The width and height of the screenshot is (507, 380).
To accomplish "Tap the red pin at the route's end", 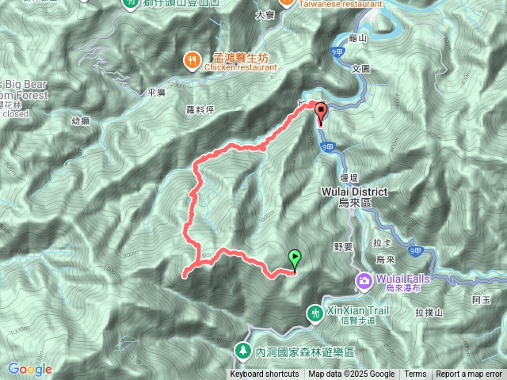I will (321, 113).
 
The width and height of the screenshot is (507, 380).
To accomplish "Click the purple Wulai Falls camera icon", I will (364, 279).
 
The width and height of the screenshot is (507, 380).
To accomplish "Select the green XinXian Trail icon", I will (315, 314).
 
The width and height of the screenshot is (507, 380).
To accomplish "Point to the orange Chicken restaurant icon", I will (192, 60).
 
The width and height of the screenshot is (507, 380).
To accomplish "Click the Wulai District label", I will (354, 192).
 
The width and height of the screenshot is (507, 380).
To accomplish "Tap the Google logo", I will (30, 369).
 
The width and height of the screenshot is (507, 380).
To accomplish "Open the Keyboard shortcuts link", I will (265, 374).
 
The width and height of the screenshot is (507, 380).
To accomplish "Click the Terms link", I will (415, 374).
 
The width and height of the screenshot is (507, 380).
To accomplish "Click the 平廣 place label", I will (155, 93).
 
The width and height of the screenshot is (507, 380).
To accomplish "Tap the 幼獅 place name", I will (80, 121).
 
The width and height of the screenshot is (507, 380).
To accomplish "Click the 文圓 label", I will (360, 69).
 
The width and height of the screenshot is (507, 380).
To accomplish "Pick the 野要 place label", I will (343, 246).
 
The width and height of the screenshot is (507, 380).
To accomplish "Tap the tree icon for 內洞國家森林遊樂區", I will (241, 349).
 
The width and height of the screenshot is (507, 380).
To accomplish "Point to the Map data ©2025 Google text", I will (352, 374).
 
